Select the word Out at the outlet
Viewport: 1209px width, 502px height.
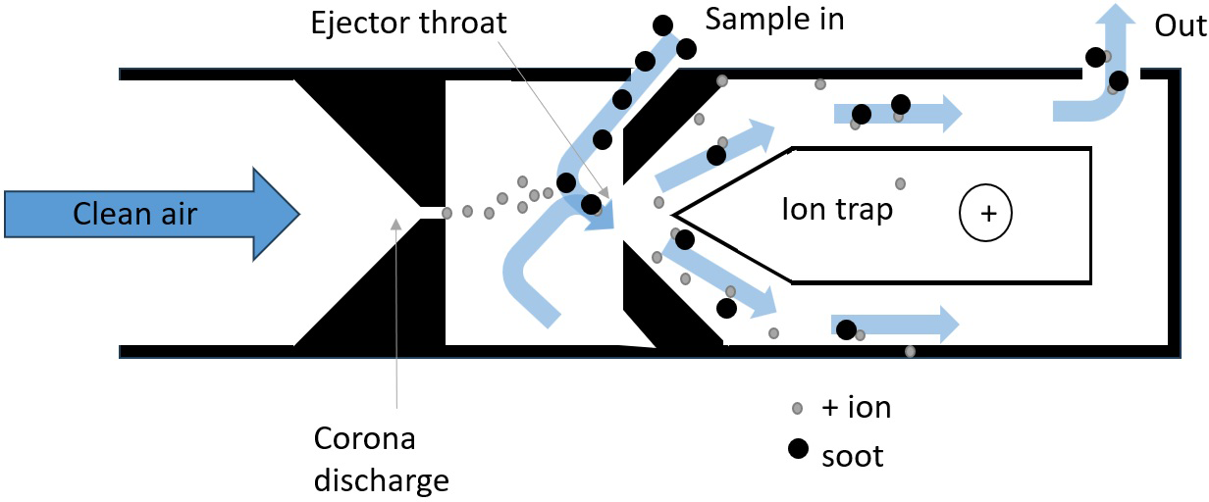(1179, 25)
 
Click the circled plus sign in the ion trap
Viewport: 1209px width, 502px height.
(985, 213)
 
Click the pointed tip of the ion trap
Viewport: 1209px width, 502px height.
(676, 213)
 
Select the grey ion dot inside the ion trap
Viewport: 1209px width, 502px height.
(900, 183)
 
